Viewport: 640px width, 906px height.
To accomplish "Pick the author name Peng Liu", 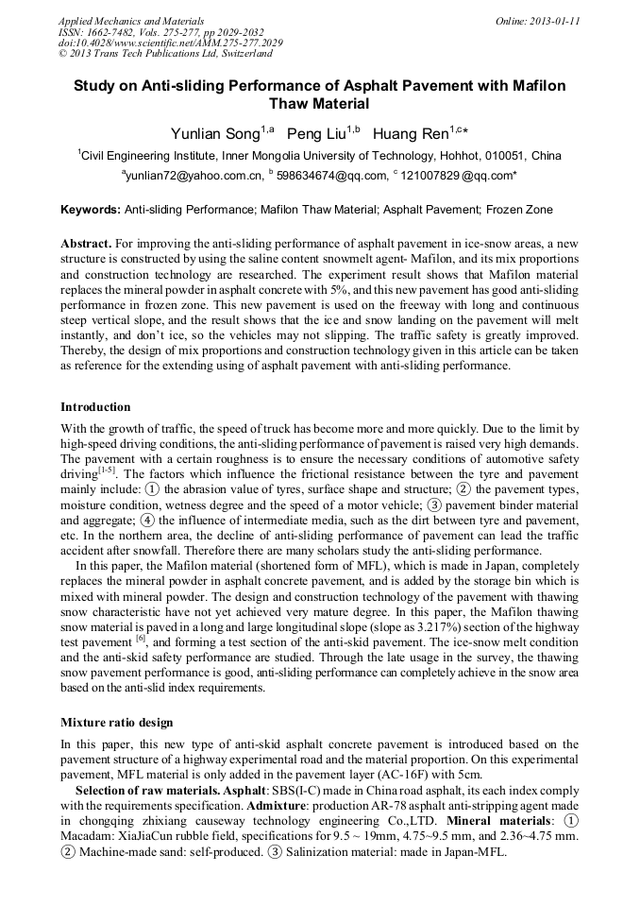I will pyautogui.click(x=318, y=134).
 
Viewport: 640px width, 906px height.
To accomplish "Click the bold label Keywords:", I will pyautogui.click(x=91, y=210).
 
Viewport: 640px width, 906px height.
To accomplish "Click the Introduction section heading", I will pyautogui.click(x=95, y=407).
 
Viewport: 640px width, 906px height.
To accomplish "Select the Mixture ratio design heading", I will pyautogui.click(x=116, y=723).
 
